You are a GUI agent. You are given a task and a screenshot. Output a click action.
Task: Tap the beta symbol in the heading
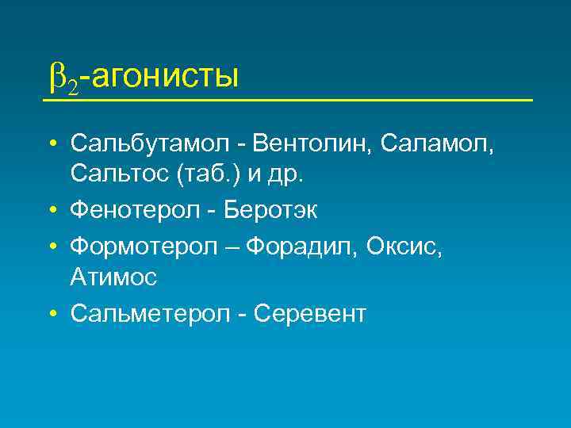57,77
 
